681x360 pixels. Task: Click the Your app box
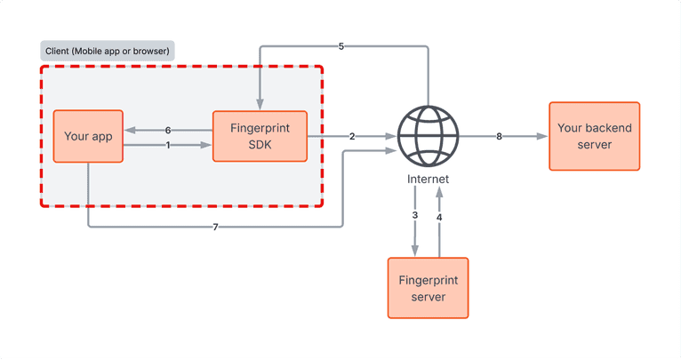[87, 136]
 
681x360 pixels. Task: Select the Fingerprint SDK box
[260, 136]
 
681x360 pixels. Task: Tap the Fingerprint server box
[429, 287]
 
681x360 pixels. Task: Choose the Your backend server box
[594, 136]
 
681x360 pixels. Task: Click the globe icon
[428, 136]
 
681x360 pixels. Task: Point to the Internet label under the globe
[428, 179]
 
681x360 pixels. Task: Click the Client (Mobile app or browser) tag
[108, 50]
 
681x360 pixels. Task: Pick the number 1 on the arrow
[168, 146]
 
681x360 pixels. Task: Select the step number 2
[352, 137]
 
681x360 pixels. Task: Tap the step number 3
[415, 216]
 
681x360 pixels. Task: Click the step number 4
[439, 216]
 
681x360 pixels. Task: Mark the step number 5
[341, 46]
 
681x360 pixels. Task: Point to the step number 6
[168, 131]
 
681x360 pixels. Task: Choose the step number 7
[215, 227]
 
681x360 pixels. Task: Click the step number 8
[499, 137]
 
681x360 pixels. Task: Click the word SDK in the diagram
[260, 144]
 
